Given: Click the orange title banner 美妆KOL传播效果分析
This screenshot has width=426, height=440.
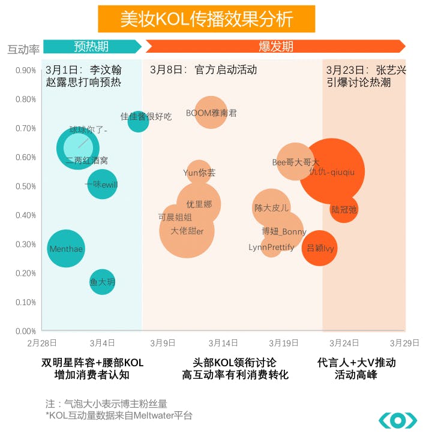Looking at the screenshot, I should pos(206,19).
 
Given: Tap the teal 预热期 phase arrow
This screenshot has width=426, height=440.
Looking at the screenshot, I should pos(92,47).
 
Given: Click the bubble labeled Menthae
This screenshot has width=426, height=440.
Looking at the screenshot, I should pos(66,248).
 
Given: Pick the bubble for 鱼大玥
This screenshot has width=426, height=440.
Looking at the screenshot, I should pos(102,282).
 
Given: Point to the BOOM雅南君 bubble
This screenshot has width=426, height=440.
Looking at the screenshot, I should pos(211,113).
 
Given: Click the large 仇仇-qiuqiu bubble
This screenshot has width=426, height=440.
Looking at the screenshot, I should pos(332,172).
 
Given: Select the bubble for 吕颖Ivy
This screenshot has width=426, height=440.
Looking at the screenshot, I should pos(320,248).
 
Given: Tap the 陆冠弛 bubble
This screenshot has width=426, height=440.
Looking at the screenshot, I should pos(344,209).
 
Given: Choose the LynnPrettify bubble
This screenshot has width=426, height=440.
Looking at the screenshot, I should pos(271,247).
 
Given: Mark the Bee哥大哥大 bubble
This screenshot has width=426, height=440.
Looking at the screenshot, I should pos(296,162).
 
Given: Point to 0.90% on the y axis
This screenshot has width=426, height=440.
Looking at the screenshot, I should pos(25,70).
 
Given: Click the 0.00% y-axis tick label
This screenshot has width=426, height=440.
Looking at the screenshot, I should pos(25,331).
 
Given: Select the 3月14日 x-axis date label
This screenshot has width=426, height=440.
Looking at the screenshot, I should pos(223,343).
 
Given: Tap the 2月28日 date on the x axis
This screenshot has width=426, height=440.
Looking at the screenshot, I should pos(42,343).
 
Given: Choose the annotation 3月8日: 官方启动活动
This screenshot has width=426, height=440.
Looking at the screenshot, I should pos(203,70).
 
